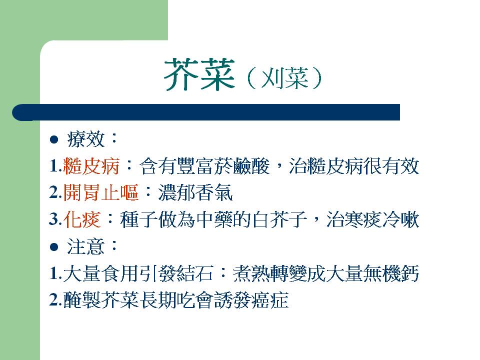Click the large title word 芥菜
(x=199, y=74)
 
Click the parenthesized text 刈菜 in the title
(x=284, y=78)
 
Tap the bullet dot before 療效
(x=54, y=140)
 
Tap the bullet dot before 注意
(x=54, y=247)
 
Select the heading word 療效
(x=85, y=139)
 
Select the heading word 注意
(x=85, y=246)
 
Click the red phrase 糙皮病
(x=91, y=166)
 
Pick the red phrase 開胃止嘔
(x=100, y=193)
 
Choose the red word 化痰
(x=82, y=220)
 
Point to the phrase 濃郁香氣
(x=195, y=193)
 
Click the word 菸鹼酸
(x=242, y=166)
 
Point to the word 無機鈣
(x=391, y=273)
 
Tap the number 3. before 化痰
(x=55, y=220)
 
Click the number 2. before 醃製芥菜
(x=55, y=300)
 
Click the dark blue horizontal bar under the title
(x=206, y=112)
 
